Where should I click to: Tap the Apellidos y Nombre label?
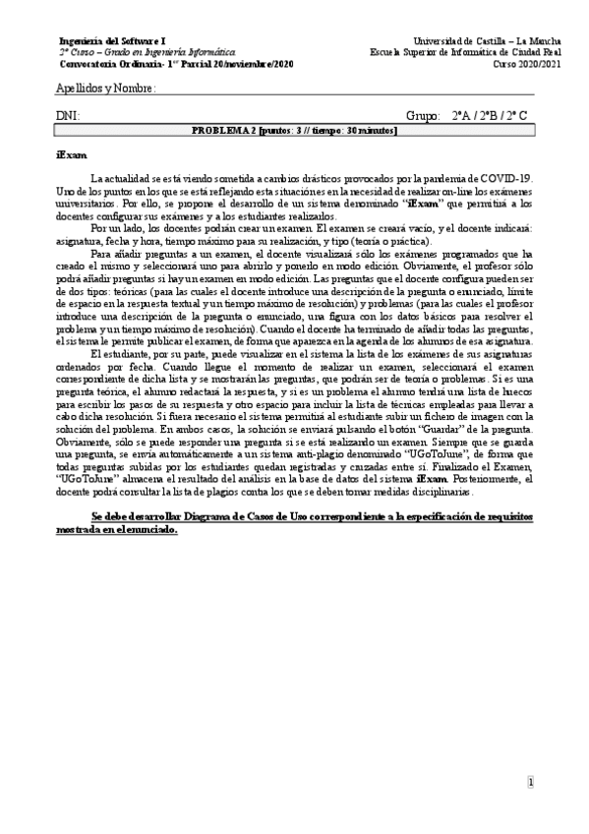coord(106,89)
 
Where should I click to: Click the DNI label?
coord(68,116)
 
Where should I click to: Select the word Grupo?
coord(422,116)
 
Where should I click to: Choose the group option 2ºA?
coord(462,116)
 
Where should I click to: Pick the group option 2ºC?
coord(517,116)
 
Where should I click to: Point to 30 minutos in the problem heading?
coord(375,130)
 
